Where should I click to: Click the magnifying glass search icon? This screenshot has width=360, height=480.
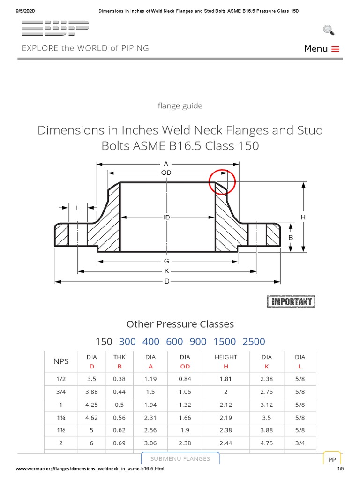tap(329, 30)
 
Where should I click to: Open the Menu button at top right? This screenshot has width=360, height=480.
tap(322, 49)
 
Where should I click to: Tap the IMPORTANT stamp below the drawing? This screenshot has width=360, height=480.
tap(291, 301)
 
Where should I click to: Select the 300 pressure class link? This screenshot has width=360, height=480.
tap(127, 341)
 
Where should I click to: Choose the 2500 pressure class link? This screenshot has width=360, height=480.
tap(254, 341)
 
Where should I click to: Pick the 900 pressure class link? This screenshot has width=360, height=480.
tap(198, 341)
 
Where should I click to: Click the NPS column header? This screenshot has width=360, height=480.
tap(61, 361)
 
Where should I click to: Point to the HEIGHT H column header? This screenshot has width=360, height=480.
tap(225, 361)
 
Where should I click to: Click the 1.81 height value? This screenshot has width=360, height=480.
tap(225, 379)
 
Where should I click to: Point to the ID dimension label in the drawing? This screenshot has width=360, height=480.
tap(167, 217)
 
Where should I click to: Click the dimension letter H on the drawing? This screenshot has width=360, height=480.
tap(303, 217)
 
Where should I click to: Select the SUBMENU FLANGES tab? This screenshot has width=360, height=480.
tap(180, 458)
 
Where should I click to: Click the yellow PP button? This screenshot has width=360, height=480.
tap(332, 460)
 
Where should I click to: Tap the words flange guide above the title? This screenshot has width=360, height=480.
tap(180, 106)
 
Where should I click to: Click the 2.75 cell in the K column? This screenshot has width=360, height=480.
tap(267, 391)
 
